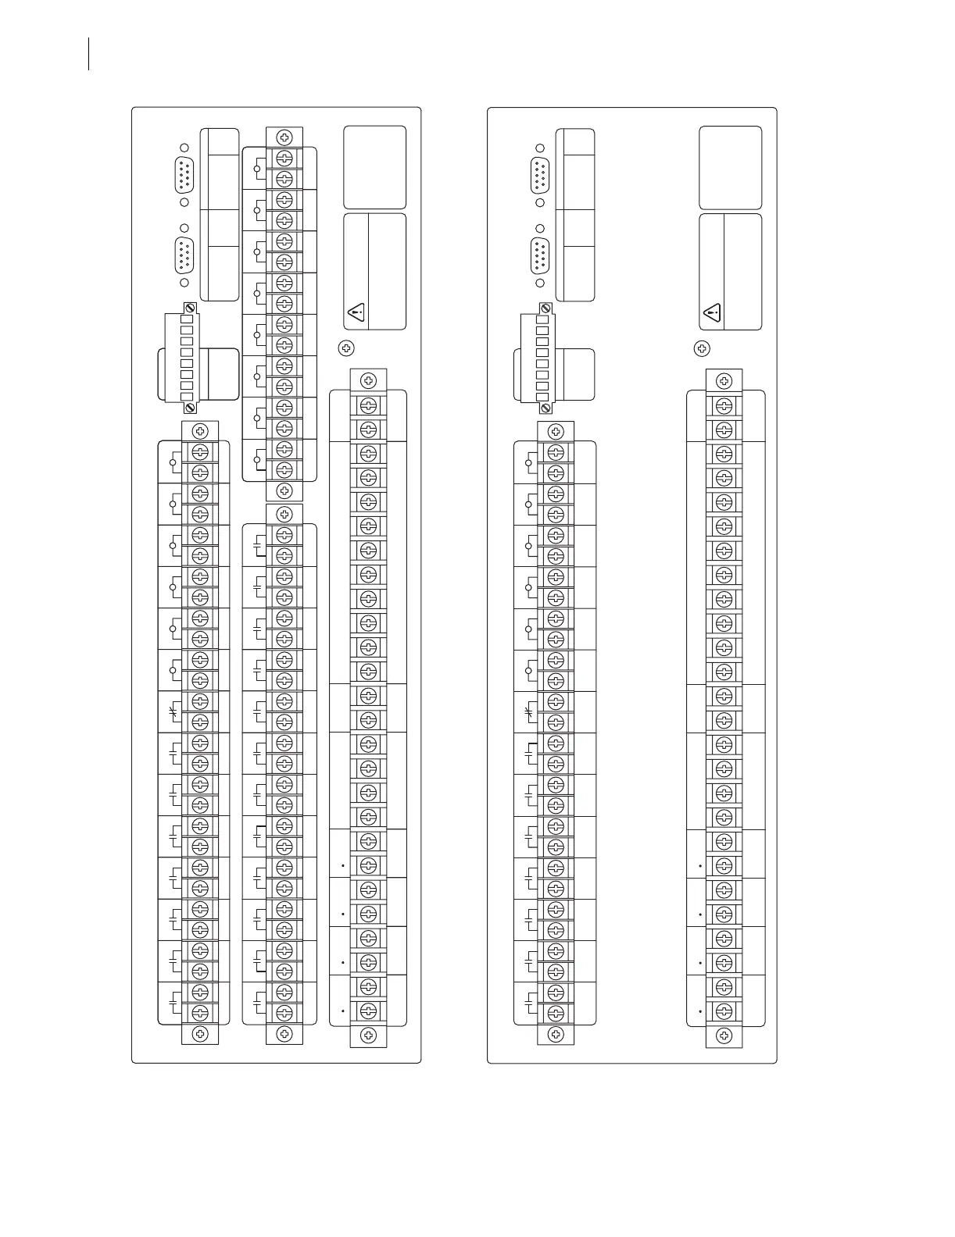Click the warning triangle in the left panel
356,314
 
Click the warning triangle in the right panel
712,314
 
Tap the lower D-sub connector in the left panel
184,255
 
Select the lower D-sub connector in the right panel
540,255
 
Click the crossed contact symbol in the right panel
529,711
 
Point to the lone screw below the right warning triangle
703,348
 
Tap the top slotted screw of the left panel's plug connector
188,309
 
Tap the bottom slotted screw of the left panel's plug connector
188,408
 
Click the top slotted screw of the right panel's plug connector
545,309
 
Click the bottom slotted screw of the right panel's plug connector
545,408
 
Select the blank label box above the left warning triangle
375,167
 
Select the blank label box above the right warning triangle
731,167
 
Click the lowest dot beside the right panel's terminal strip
699,1011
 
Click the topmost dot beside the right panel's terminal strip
699,866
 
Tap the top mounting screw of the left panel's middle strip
284,137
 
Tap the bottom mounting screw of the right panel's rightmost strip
724,1036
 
